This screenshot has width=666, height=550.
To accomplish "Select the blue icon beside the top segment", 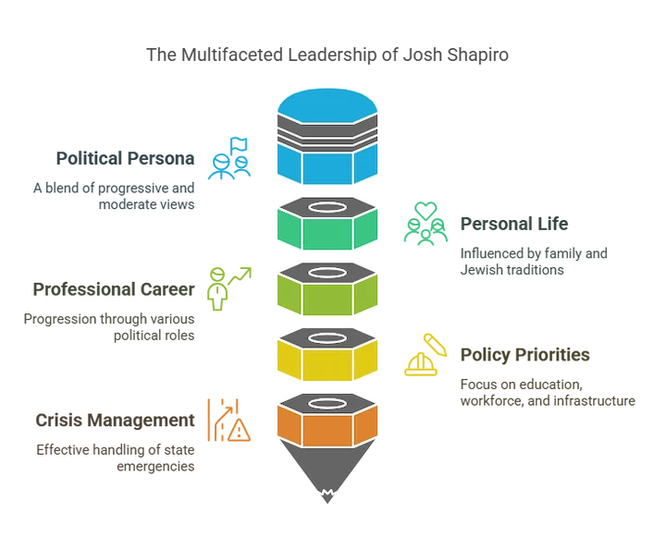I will [x=230, y=159].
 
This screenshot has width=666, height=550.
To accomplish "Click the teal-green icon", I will [x=425, y=224].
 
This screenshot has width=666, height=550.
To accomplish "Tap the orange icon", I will [x=223, y=422].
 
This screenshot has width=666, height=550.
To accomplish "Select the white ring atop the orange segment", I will [x=327, y=403].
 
